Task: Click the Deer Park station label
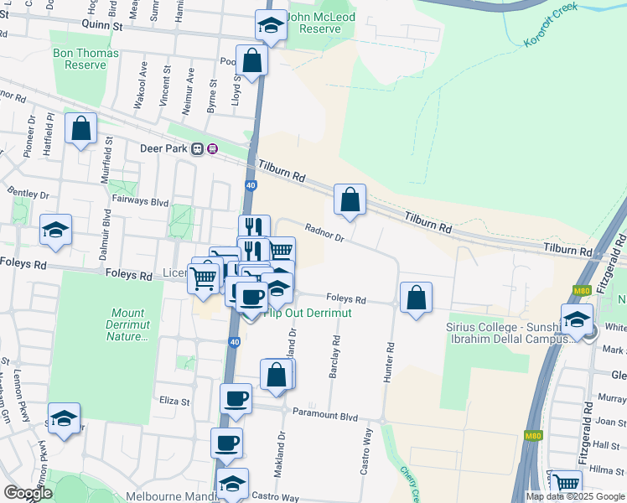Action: pos(162,149)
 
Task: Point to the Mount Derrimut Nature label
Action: pos(127,325)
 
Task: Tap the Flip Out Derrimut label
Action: pos(307,313)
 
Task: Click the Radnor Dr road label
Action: pos(324,231)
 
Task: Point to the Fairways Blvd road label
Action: pos(141,202)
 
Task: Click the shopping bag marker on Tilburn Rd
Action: pos(350,201)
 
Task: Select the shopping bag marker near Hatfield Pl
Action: pos(80,130)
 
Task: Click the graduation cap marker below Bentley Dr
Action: pos(55,231)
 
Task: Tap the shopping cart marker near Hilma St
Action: pos(567,484)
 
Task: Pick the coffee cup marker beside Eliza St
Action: pos(236,398)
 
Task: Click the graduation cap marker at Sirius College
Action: pos(577,319)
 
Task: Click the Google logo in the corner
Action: pos(27,493)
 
